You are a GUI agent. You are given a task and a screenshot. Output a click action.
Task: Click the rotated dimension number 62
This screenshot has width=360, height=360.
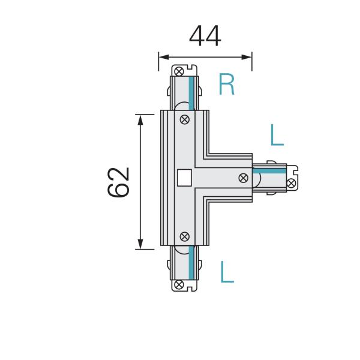pyautogui.click(x=119, y=182)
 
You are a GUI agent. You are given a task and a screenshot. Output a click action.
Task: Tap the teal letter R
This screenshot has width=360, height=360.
pyautogui.click(x=226, y=85)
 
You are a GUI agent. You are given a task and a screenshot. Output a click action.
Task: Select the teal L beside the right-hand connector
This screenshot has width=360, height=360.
pyautogui.click(x=276, y=136)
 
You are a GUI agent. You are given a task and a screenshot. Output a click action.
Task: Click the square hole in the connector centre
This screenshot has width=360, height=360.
pyautogui.click(x=185, y=178)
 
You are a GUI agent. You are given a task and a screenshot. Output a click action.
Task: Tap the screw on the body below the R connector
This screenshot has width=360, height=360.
pyautogui.click(x=185, y=119)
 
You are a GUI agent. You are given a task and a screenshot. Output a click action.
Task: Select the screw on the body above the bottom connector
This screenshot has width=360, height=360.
pyautogui.click(x=185, y=236)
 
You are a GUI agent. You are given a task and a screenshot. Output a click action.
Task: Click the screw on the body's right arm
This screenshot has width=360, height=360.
pyautogui.click(x=243, y=178)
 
